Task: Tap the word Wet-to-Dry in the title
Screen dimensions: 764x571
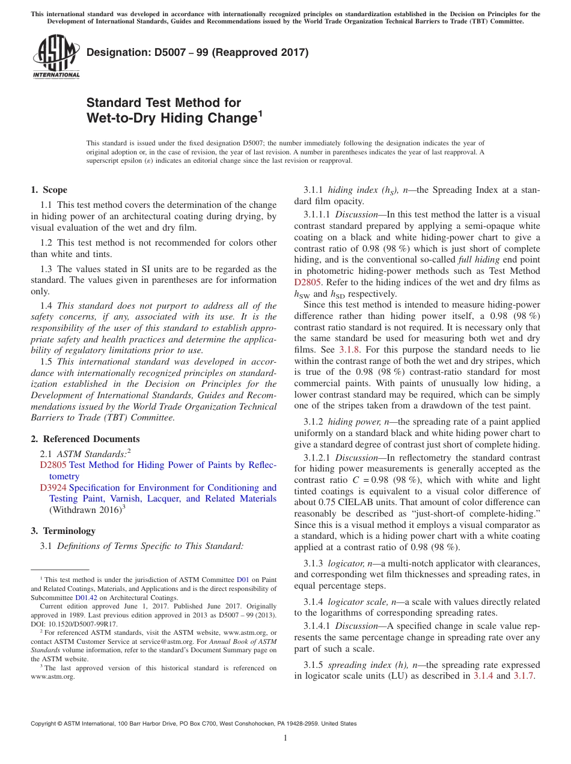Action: pos(121,118)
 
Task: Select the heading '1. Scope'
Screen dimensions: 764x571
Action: pos(49,190)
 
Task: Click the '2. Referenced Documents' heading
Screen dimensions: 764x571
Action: pos(85,439)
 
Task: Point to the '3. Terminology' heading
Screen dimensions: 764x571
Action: pos(63,531)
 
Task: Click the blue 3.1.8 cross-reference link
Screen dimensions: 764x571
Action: pos(349,349)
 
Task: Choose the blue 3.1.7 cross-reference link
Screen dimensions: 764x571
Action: pos(524,676)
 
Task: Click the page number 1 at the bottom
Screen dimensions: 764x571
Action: pos(285,738)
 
